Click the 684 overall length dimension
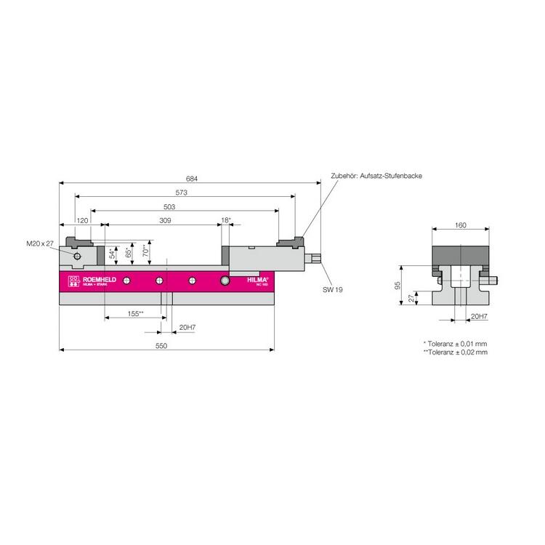pos(192,179)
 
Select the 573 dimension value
pos(182,193)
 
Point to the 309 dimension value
pos(165,220)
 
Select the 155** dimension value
pos(134,314)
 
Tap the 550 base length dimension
pos(161,346)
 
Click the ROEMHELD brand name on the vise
pos(93,279)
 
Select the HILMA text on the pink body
pos(257,279)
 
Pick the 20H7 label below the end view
pos(478,317)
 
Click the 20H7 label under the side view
pos(187,328)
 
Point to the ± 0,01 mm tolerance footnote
pos(455,343)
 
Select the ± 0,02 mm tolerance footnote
pos(455,352)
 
